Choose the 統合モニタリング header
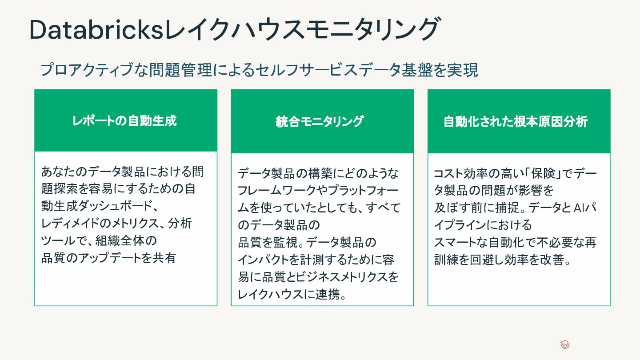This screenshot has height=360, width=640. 320,121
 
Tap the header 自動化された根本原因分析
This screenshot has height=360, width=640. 516,121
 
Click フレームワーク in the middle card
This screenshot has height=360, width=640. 272,190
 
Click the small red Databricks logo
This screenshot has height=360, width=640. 565,345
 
